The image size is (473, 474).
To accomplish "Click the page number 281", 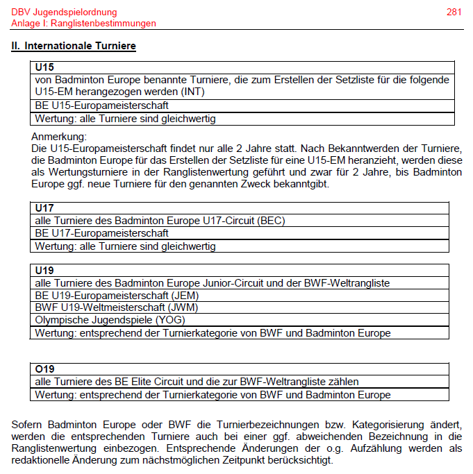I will pos(454,12).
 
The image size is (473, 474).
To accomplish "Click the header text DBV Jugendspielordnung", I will pos(64,12).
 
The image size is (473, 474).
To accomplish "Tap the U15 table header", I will pos(44,68).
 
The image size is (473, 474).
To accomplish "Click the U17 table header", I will pos(44,208).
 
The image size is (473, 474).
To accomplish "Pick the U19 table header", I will pos(44,270).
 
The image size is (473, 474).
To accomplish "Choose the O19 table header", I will pos(44,369).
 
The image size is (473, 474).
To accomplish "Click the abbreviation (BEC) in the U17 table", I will pos(271,221).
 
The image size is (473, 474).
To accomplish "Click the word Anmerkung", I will pos(59,137).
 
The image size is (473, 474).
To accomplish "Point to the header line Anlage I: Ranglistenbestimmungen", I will pos(83,23).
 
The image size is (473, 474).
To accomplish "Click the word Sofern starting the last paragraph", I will pos(28,423).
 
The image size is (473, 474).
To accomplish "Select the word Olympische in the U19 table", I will pos(61,320).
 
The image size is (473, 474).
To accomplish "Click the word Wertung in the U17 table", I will pos(54,246).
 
